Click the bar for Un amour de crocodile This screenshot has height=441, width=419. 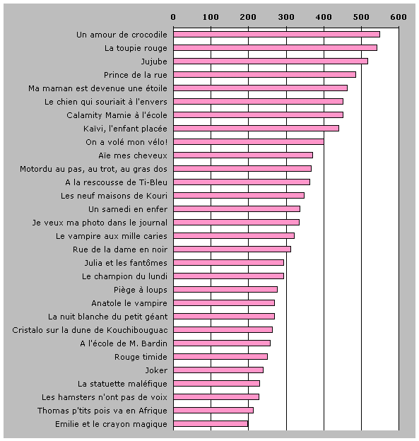[276, 35]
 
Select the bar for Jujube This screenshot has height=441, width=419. [271, 61]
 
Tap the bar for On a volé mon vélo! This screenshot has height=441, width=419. [249, 141]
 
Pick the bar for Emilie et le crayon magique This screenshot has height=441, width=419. [211, 423]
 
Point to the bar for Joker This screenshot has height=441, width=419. [218, 370]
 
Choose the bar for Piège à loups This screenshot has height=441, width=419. [225, 290]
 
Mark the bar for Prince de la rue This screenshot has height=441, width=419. [265, 74]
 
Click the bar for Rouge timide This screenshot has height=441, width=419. [220, 357]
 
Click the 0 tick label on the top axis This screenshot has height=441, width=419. [173, 17]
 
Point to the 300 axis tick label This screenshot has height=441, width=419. [286, 17]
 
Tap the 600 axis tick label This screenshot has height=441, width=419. [399, 17]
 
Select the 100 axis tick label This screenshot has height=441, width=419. [211, 17]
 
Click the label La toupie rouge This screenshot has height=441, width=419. [136, 48]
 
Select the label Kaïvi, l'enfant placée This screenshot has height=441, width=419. [126, 129]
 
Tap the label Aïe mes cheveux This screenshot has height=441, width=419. [133, 155]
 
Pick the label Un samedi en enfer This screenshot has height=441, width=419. [128, 209]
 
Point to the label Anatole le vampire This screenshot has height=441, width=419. [129, 303]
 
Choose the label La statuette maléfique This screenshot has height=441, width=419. [123, 384]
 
